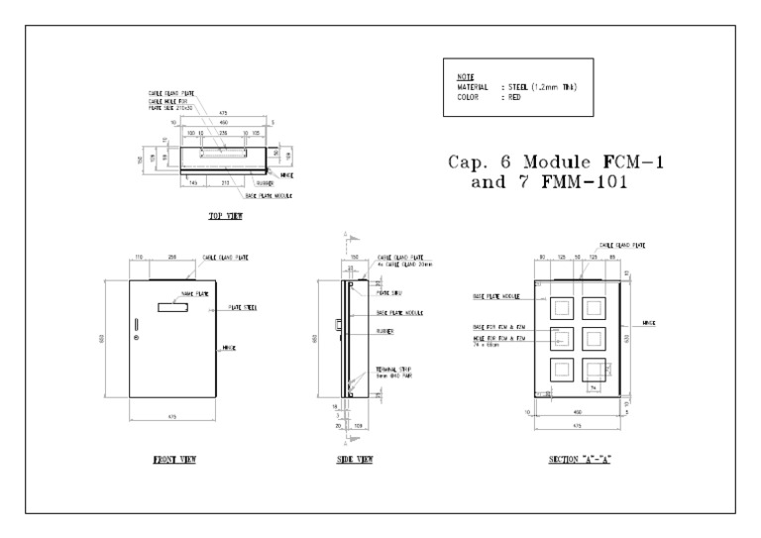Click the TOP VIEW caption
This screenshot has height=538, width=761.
click(226, 215)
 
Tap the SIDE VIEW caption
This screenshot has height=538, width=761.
click(355, 460)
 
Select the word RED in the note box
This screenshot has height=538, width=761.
click(513, 98)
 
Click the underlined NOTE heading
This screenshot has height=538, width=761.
click(466, 76)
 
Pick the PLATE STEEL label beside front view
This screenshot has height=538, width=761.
click(243, 308)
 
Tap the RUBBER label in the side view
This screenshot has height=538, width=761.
click(384, 329)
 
